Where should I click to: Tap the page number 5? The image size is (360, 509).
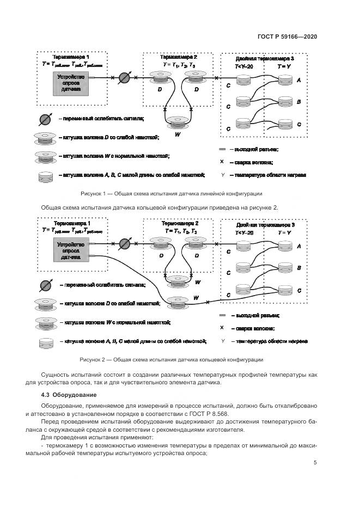(x=315, y=463)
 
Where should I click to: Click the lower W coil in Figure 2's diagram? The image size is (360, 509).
(x=178, y=301)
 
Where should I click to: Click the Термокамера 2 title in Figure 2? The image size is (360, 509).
(x=180, y=223)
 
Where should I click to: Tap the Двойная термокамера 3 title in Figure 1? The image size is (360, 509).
(x=265, y=58)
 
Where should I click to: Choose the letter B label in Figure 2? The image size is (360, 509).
(x=299, y=268)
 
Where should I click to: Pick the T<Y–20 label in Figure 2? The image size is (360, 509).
(x=244, y=232)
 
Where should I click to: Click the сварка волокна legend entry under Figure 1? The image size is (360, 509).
(x=251, y=162)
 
